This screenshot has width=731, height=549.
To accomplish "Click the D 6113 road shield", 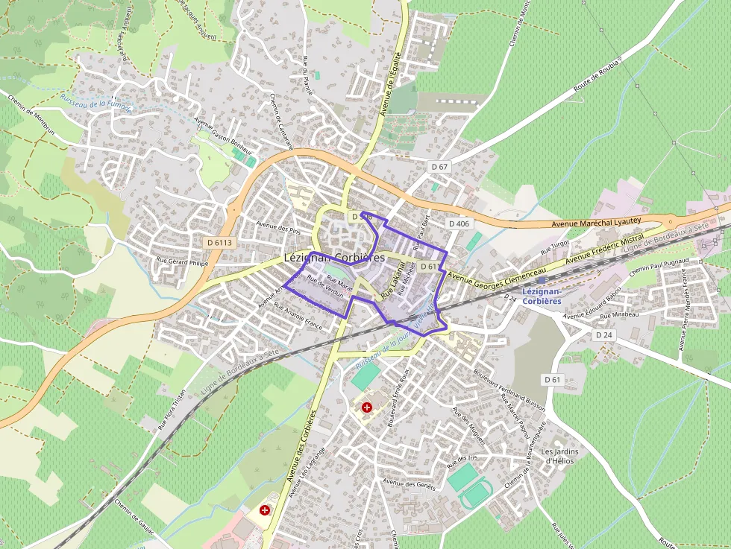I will pyautogui.click(x=220, y=242).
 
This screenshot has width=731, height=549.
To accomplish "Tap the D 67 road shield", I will pyautogui.click(x=439, y=166).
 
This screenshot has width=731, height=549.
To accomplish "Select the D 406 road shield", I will pyautogui.click(x=459, y=223).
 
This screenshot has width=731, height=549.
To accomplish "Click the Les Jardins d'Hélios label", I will pyautogui.click(x=560, y=456).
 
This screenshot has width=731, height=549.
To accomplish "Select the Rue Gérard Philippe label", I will pyautogui.click(x=181, y=262).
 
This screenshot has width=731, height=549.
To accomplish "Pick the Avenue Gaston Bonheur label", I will pyautogui.click(x=222, y=130).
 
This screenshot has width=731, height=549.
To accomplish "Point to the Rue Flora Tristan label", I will pyautogui.click(x=172, y=410).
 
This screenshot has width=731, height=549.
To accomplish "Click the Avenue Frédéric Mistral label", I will pyautogui.click(x=605, y=250).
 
